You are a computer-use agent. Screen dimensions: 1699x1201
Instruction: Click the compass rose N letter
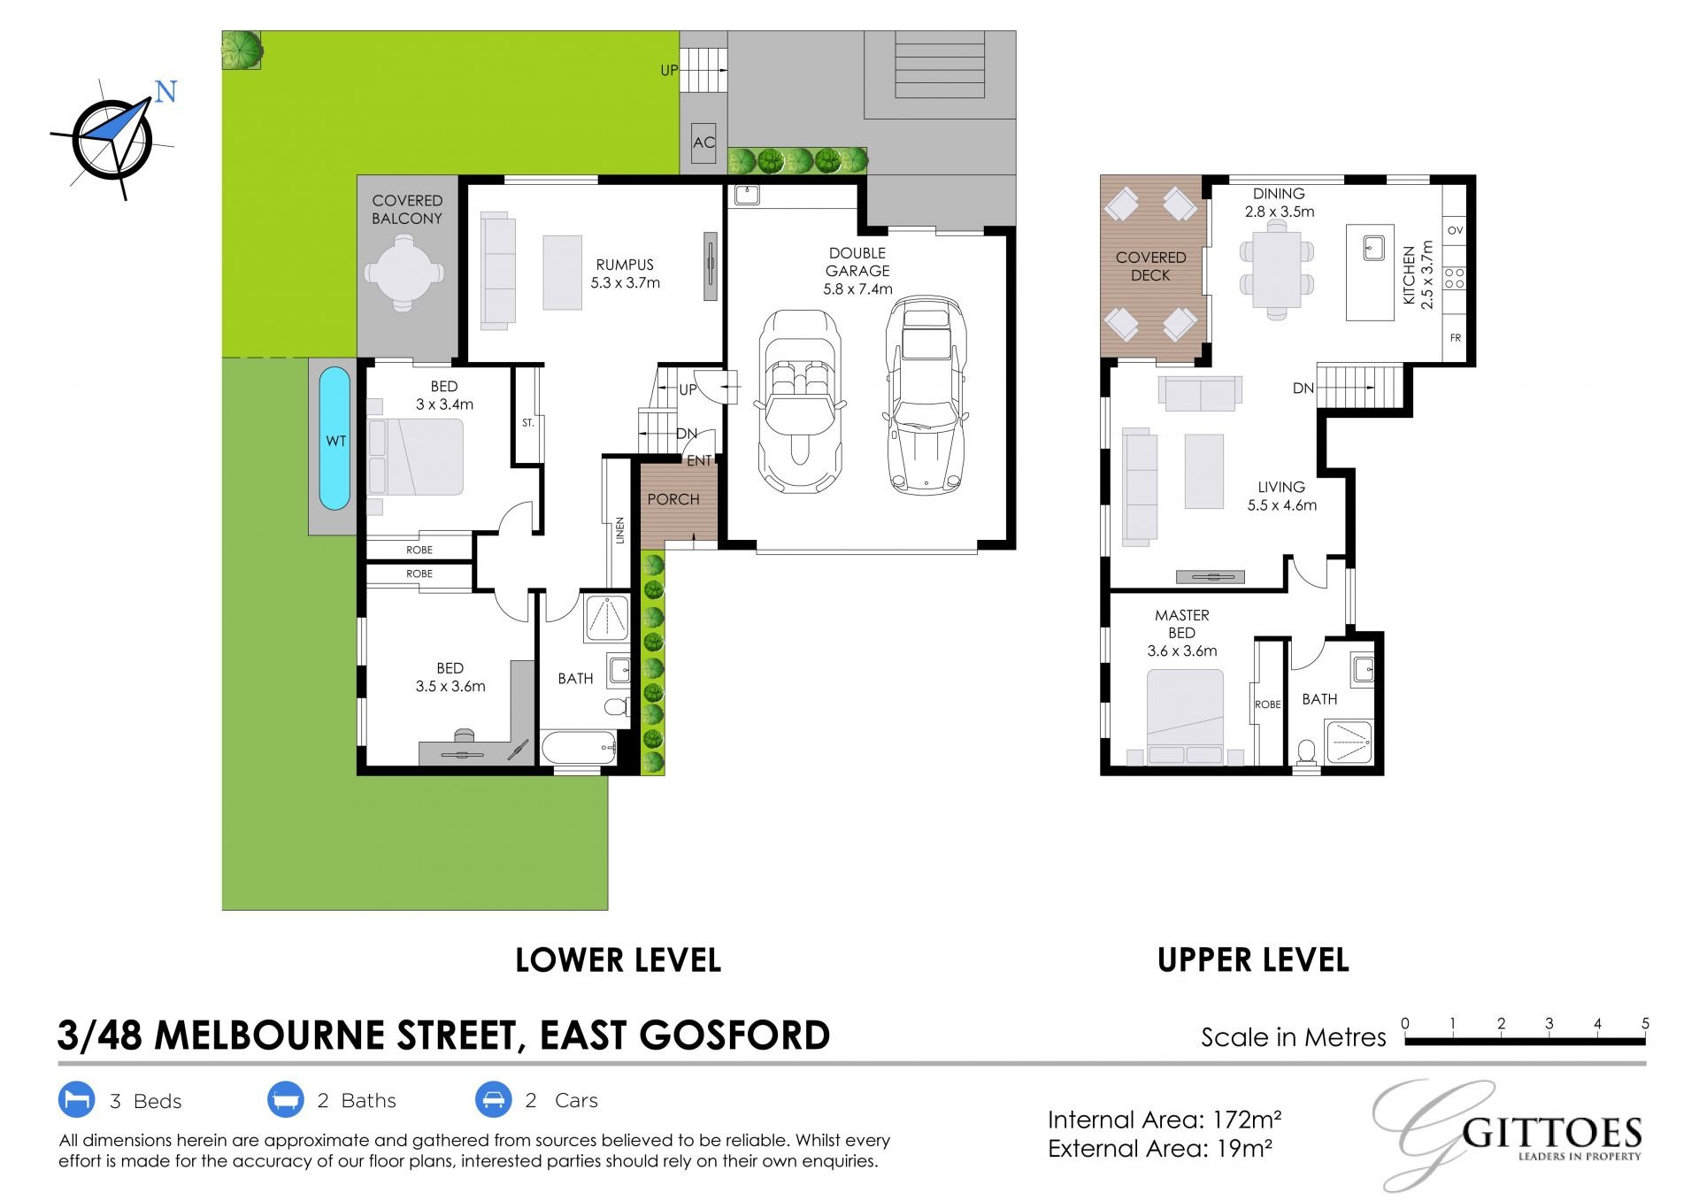(x=165, y=91)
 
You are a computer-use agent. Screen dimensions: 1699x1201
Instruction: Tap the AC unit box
(x=703, y=142)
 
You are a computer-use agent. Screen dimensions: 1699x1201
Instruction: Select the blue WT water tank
(x=334, y=439)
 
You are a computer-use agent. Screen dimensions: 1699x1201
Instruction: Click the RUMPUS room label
(x=625, y=265)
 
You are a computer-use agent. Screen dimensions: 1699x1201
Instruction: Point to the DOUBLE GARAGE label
(x=857, y=262)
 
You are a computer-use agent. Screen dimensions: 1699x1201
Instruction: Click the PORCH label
(x=673, y=499)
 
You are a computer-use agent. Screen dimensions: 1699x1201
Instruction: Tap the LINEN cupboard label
(x=620, y=529)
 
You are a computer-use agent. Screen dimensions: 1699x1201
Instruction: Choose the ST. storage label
(x=528, y=423)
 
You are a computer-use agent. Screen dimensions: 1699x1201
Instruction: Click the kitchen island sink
(x=1373, y=247)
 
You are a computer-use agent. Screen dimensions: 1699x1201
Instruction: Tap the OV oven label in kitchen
(x=1455, y=230)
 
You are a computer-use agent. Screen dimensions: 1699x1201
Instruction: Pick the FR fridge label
(x=1455, y=338)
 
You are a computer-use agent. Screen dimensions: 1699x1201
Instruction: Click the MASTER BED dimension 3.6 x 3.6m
(x=1182, y=651)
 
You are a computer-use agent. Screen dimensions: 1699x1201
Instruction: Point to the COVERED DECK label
(x=1150, y=266)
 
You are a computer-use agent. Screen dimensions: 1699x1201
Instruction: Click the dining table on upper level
(x=1276, y=269)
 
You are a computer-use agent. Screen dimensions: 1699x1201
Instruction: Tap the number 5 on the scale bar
(x=1645, y=1023)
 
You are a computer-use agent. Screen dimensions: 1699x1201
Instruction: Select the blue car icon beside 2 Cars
(x=493, y=1100)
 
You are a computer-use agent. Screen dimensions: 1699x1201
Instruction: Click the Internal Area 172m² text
(x=1165, y=1120)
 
